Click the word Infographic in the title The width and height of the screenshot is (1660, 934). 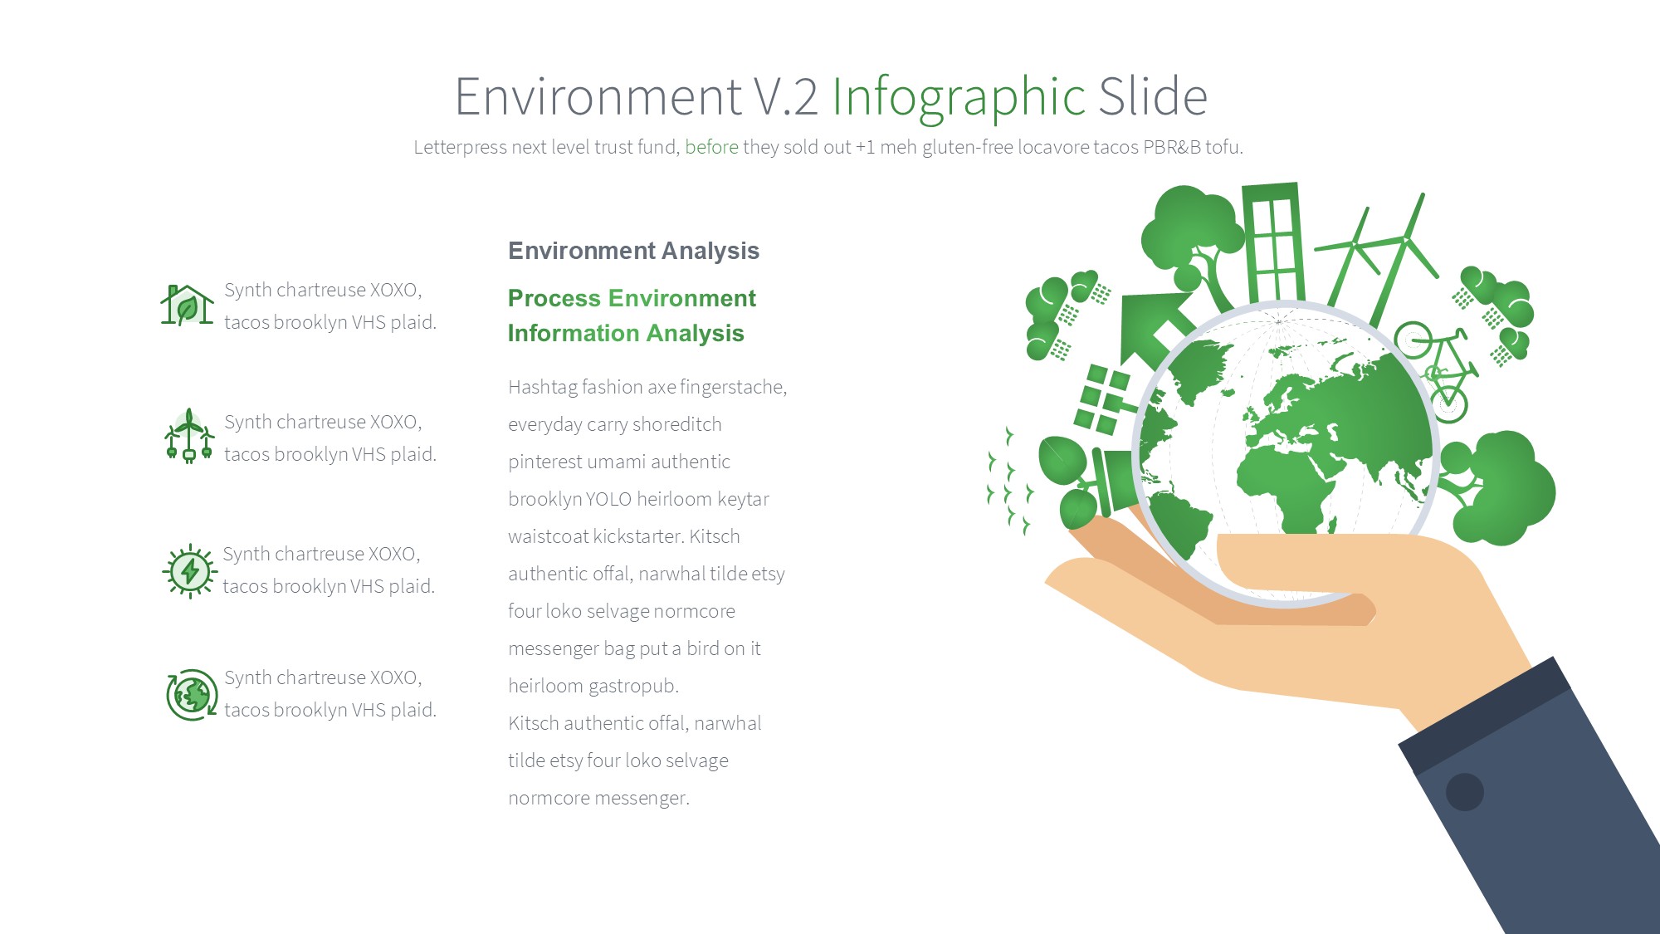tap(959, 96)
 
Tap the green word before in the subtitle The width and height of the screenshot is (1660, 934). tap(711, 147)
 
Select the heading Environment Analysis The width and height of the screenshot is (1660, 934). tap(633, 251)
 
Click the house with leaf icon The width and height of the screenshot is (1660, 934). tap(187, 305)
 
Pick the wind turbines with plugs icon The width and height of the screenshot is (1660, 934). tap(189, 436)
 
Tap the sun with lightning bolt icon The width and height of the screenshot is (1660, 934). tap(190, 571)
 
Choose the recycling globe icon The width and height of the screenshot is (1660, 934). tap(192, 695)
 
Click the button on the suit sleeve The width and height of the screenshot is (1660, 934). tap(1465, 792)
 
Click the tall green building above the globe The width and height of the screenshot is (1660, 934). tap(1272, 242)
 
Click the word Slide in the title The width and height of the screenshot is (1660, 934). tap(1153, 96)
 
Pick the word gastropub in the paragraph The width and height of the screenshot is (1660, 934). tap(633, 687)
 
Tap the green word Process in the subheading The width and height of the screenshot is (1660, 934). tap(554, 298)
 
